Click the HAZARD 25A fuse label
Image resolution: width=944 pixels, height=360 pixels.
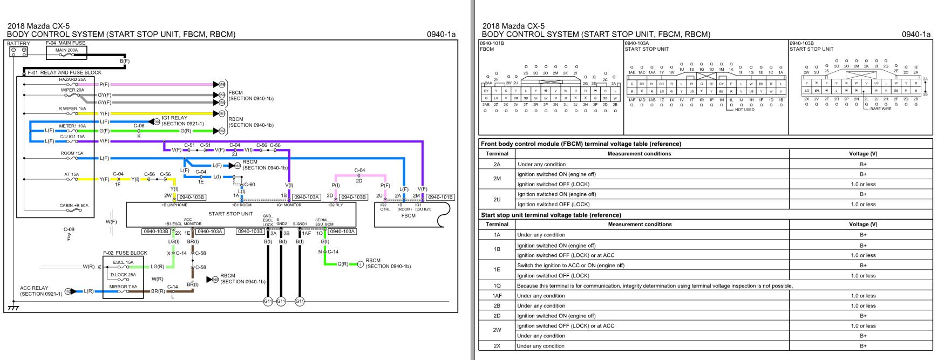click(x=72, y=79)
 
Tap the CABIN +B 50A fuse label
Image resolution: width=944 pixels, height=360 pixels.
click(x=73, y=206)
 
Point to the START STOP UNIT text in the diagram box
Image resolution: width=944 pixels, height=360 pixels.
click(x=230, y=214)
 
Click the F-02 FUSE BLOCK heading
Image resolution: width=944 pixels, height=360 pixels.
click(x=125, y=253)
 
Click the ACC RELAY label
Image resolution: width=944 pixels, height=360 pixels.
click(x=34, y=288)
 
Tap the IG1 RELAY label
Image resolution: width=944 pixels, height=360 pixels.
click(x=175, y=118)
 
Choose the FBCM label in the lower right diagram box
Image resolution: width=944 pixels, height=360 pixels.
click(x=409, y=216)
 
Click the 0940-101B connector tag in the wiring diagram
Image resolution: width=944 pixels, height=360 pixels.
click(x=441, y=197)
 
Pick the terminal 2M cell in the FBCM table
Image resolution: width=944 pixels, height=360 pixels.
click(x=497, y=179)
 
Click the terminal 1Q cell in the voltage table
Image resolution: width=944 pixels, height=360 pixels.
click(x=497, y=286)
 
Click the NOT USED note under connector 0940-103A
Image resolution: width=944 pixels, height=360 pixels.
click(x=744, y=110)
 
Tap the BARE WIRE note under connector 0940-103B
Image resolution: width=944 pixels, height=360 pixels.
click(x=880, y=109)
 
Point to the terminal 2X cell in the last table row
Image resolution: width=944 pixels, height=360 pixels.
click(x=497, y=346)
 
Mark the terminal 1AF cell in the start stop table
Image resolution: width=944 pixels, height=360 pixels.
click(x=497, y=296)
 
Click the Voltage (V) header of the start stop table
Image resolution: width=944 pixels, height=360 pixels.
click(x=863, y=225)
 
